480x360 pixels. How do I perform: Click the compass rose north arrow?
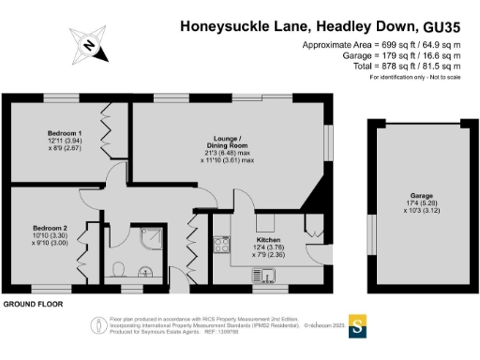point(88,44)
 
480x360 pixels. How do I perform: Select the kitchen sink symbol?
point(263,274)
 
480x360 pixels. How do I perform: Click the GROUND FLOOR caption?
point(35,306)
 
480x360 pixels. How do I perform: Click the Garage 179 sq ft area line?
point(396,56)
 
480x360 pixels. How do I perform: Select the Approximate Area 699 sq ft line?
point(382,45)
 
